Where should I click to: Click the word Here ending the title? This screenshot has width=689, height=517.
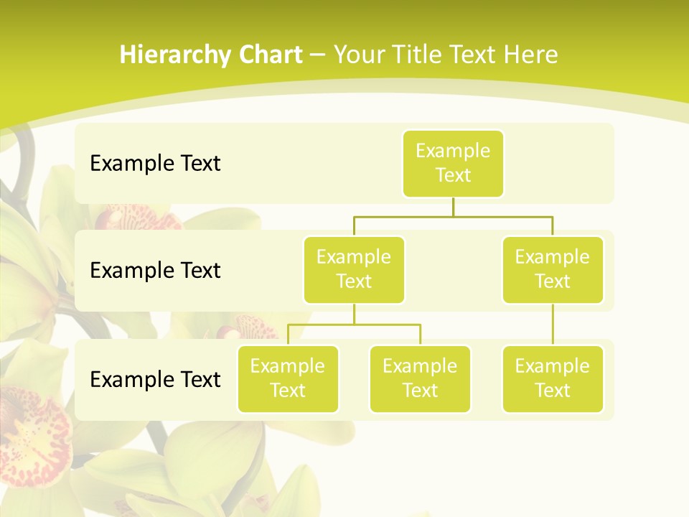coord(530,55)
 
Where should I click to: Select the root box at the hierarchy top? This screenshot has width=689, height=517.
coord(453,163)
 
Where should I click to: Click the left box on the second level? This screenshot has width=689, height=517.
coord(354,269)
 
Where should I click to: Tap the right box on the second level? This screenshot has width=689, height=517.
coord(553,269)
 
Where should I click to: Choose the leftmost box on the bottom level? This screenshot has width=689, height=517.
coord(288,378)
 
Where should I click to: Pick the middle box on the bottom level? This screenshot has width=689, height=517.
coord(420,378)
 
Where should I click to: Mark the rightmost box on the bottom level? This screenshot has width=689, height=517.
coord(553,378)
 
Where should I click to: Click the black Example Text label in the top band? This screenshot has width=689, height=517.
coord(155,163)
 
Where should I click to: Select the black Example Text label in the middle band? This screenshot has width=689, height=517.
coord(155,270)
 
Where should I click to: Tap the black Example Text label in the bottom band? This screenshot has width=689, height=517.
coord(155,379)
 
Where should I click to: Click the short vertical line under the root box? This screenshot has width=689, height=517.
coord(453,207)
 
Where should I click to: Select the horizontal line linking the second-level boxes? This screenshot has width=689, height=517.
coord(453,216)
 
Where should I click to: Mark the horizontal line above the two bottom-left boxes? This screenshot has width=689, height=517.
coord(354,325)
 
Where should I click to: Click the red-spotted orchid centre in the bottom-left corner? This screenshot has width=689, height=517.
coord(32,431)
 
